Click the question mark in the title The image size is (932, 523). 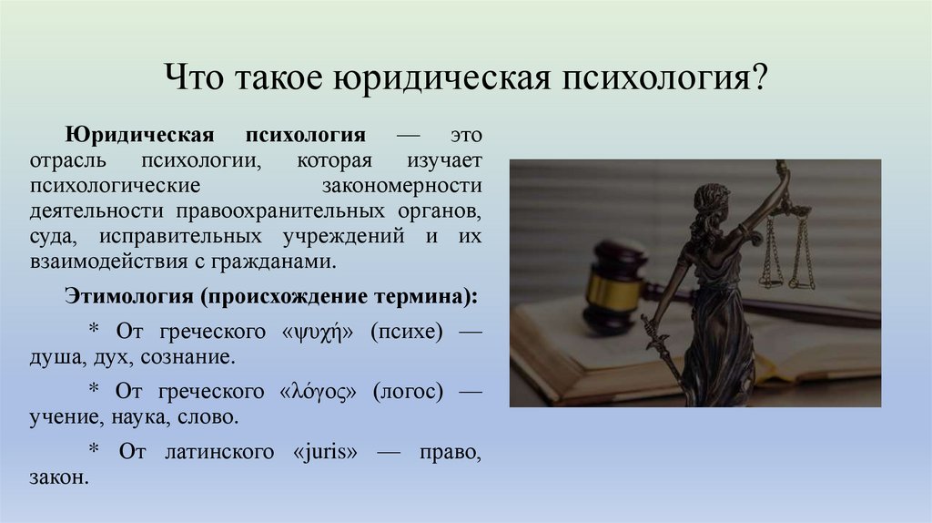coord(758,77)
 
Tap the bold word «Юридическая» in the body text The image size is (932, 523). coord(138,136)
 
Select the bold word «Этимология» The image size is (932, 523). coord(123,297)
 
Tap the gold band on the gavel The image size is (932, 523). coord(603,290)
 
